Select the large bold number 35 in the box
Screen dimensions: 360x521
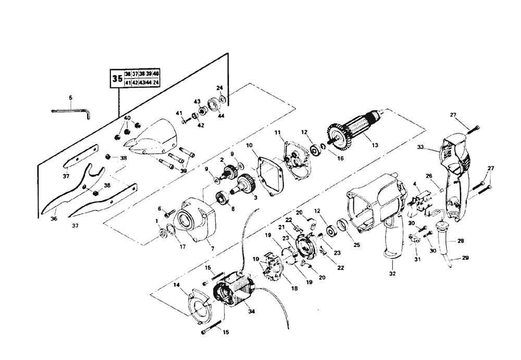[117, 80]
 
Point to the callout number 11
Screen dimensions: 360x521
[277, 133]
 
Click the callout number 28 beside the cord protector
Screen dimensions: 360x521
[461, 241]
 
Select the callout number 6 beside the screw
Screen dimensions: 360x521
[159, 208]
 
